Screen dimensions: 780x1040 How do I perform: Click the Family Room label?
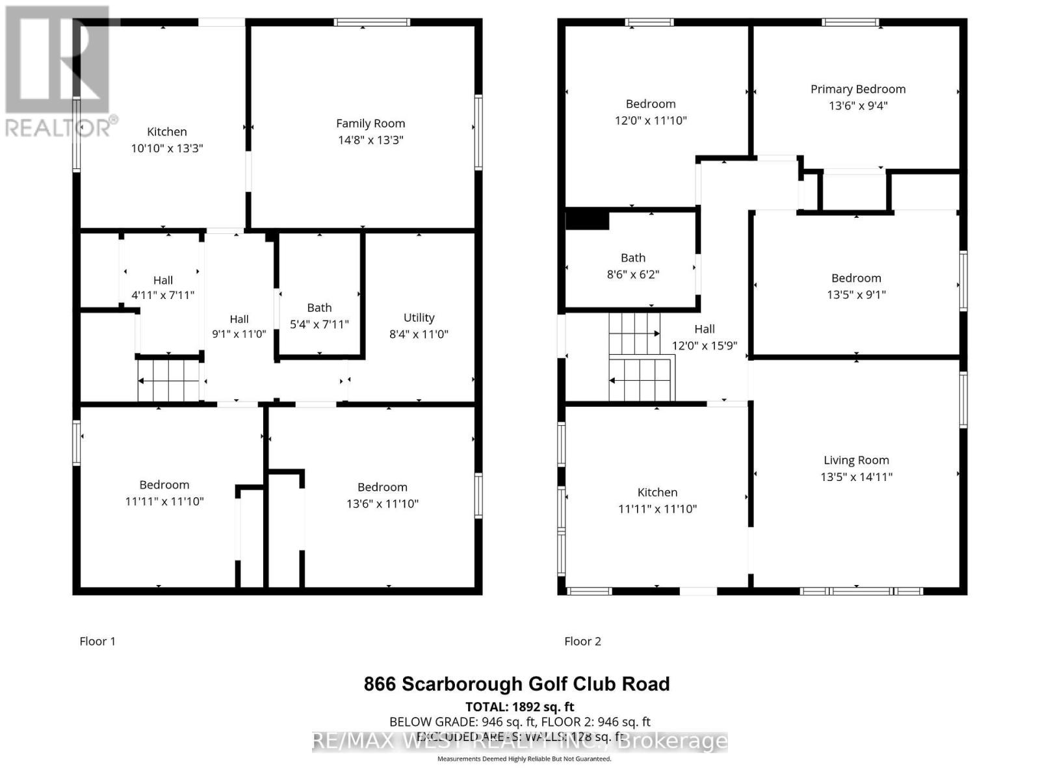370,123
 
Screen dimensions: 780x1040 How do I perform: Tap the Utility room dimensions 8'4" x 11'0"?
419,334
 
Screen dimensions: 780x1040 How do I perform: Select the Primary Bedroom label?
858,89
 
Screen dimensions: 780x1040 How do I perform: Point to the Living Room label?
856,460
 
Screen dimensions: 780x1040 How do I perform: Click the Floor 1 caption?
97,642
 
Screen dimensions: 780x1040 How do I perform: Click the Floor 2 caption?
582,642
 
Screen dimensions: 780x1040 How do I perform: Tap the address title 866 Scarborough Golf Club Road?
517,684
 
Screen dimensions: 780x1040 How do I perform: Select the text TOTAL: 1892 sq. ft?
520,707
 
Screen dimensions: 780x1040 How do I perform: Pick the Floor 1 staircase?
169,381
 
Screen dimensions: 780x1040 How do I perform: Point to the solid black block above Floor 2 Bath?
587,220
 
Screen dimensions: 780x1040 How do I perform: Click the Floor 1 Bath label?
319,307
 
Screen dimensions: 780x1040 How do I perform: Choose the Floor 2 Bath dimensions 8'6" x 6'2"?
633,274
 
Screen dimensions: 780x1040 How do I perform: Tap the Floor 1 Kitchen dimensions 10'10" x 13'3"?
167,148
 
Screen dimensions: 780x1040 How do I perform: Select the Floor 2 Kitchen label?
657,493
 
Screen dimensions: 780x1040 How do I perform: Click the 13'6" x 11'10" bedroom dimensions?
382,504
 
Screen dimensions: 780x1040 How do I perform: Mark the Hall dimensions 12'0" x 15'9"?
705,346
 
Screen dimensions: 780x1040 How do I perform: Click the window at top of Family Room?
372,22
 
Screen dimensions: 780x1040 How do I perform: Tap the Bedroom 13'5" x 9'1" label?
856,278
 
